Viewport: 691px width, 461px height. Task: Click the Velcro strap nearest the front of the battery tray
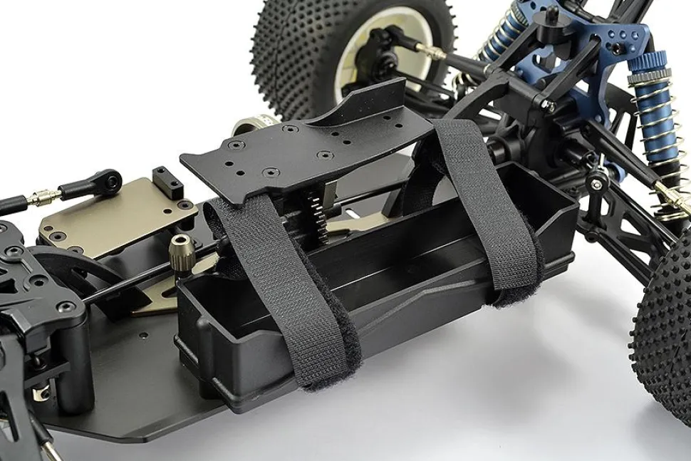(x=285, y=285)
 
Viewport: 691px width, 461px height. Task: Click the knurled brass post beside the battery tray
(x=181, y=252)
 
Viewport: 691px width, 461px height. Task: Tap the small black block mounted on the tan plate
(x=167, y=182)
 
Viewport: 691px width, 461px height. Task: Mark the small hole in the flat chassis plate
(x=142, y=335)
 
